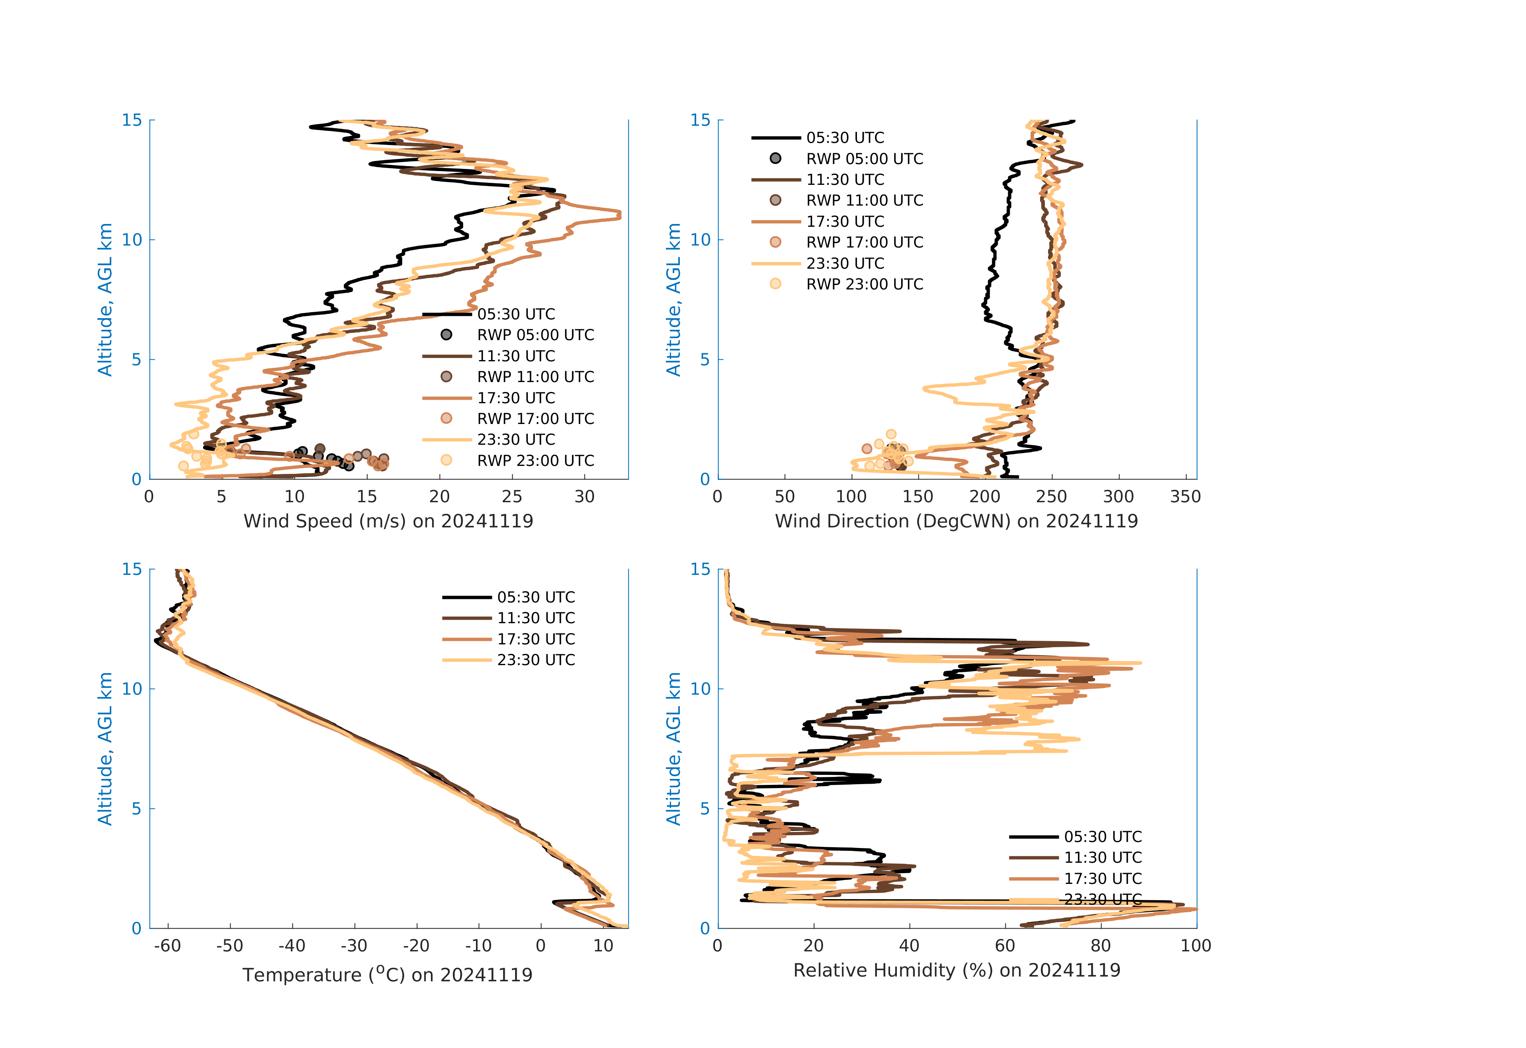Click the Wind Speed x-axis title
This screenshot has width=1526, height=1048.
pos(388,521)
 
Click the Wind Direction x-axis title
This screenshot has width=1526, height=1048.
pos(956,521)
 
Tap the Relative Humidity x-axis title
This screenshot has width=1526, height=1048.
pos(957,971)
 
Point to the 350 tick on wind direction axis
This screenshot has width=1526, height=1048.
pos(1185,497)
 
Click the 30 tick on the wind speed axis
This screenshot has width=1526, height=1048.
pos(584,497)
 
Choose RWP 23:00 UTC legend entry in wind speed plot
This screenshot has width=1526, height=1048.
pos(509,461)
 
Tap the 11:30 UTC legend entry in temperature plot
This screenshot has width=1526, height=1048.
pos(509,618)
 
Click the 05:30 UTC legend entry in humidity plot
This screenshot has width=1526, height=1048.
pos(1076,836)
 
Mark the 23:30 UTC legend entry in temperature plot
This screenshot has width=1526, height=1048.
pos(509,660)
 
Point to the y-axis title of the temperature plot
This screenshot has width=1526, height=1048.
pos(105,749)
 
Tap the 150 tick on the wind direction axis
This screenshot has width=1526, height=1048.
pos(918,497)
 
